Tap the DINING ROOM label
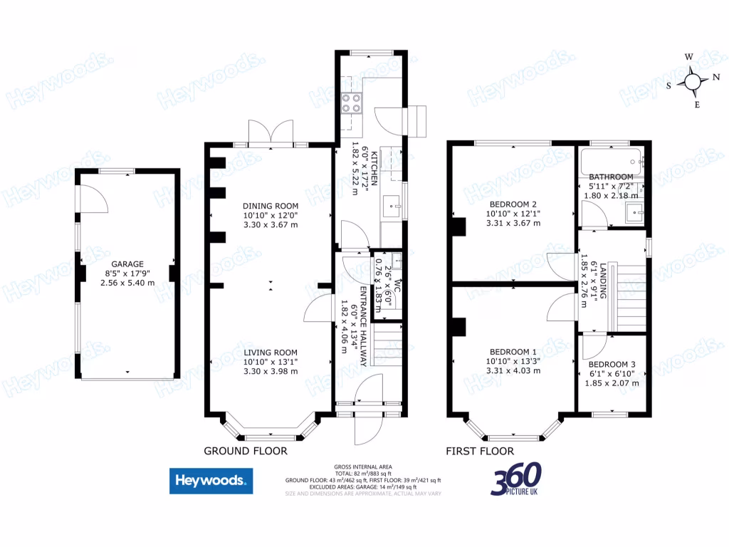[271, 206]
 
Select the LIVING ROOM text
[271, 353]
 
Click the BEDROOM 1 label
[513, 352]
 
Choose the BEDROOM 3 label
[612, 364]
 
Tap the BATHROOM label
[611, 177]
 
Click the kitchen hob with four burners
[351, 104]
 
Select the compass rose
[693, 80]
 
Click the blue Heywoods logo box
[211, 481]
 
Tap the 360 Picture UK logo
[515, 479]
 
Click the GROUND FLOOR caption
[246, 451]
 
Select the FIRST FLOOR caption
[480, 451]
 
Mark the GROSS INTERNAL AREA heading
[363, 467]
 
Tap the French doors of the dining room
[271, 132]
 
